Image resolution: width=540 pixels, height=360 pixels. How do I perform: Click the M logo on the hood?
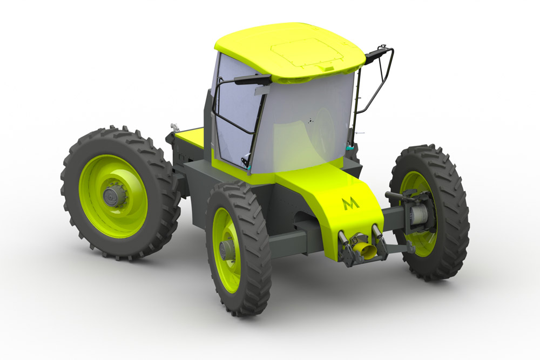pos(351,203)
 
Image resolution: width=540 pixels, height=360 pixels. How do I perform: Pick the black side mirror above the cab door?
pos(253,79)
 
